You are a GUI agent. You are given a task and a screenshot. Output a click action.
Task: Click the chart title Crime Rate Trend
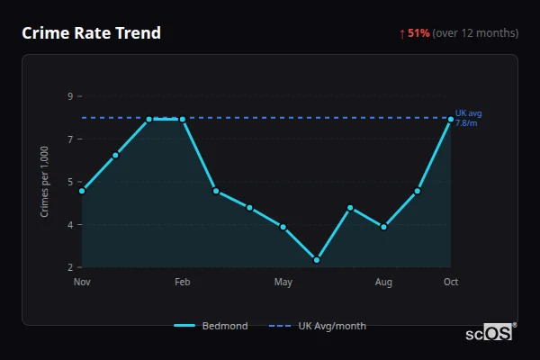[92, 33]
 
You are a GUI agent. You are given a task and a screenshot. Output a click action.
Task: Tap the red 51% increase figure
[418, 33]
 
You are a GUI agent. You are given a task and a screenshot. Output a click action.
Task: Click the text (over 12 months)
[475, 33]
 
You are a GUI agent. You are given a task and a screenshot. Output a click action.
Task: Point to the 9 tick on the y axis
[70, 96]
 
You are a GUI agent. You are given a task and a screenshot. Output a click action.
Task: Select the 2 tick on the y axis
[70, 267]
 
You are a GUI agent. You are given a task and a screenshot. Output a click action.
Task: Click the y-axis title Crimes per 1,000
[45, 183]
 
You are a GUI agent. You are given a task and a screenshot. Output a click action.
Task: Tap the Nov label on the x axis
[82, 283]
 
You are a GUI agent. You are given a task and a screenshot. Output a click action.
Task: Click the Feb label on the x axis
[183, 283]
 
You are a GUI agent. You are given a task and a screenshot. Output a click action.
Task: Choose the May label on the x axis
[283, 283]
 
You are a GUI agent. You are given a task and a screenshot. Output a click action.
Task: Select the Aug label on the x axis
[384, 283]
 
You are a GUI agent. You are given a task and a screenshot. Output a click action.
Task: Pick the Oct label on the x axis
[451, 283]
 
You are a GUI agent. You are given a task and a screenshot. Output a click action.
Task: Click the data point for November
[82, 191]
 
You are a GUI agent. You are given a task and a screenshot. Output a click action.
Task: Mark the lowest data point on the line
[317, 260]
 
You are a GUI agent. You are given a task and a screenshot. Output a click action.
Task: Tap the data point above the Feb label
[183, 119]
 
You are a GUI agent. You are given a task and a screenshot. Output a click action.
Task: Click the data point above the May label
[283, 227]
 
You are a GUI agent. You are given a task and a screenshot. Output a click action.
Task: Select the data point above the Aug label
[384, 227]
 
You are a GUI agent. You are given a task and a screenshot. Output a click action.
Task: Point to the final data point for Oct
[451, 119]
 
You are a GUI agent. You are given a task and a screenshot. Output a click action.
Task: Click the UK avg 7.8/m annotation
[468, 118]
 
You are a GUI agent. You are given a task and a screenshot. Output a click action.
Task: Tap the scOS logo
[490, 333]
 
